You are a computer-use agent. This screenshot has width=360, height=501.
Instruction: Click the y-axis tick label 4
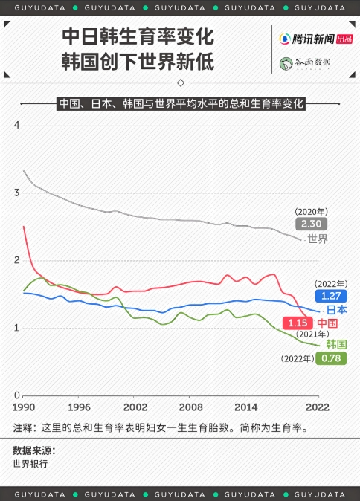16,125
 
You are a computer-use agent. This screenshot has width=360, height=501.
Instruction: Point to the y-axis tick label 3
16,193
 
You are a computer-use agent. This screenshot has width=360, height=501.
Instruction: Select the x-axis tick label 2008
191,407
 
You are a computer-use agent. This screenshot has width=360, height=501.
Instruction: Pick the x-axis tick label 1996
79,407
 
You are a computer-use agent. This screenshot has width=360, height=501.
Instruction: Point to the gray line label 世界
318,239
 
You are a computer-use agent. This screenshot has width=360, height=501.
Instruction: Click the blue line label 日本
337,310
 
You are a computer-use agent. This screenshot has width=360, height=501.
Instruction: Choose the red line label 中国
328,323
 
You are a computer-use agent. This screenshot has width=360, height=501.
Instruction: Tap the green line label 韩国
337,343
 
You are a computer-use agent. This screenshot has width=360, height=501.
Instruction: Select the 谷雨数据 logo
304,63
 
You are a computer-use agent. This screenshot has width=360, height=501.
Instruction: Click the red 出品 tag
344,39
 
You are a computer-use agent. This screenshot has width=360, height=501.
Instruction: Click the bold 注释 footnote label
23,428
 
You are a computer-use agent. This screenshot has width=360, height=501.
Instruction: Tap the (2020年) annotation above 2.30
311,211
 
